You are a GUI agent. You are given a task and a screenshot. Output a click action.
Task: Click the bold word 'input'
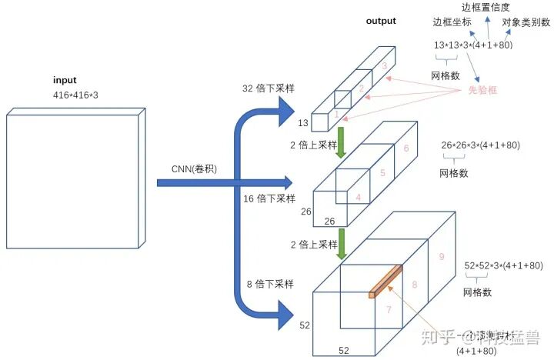click(65, 81)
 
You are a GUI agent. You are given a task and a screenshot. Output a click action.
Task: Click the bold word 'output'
click(381, 21)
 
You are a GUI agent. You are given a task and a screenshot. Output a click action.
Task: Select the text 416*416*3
click(75, 94)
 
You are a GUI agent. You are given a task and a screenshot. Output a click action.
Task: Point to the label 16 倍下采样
click(265, 198)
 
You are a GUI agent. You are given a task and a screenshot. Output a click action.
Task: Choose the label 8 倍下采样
click(269, 284)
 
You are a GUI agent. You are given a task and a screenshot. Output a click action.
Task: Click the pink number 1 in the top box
click(335, 114)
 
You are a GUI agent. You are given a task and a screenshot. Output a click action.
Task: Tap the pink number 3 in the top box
click(385, 67)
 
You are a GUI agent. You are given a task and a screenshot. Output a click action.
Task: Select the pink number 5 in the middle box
click(382, 174)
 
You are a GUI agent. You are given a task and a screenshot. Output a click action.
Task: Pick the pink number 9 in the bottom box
click(441, 257)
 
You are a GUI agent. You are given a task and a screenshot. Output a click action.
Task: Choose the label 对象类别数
click(526, 22)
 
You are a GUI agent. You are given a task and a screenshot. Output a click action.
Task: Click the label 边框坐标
click(452, 22)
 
